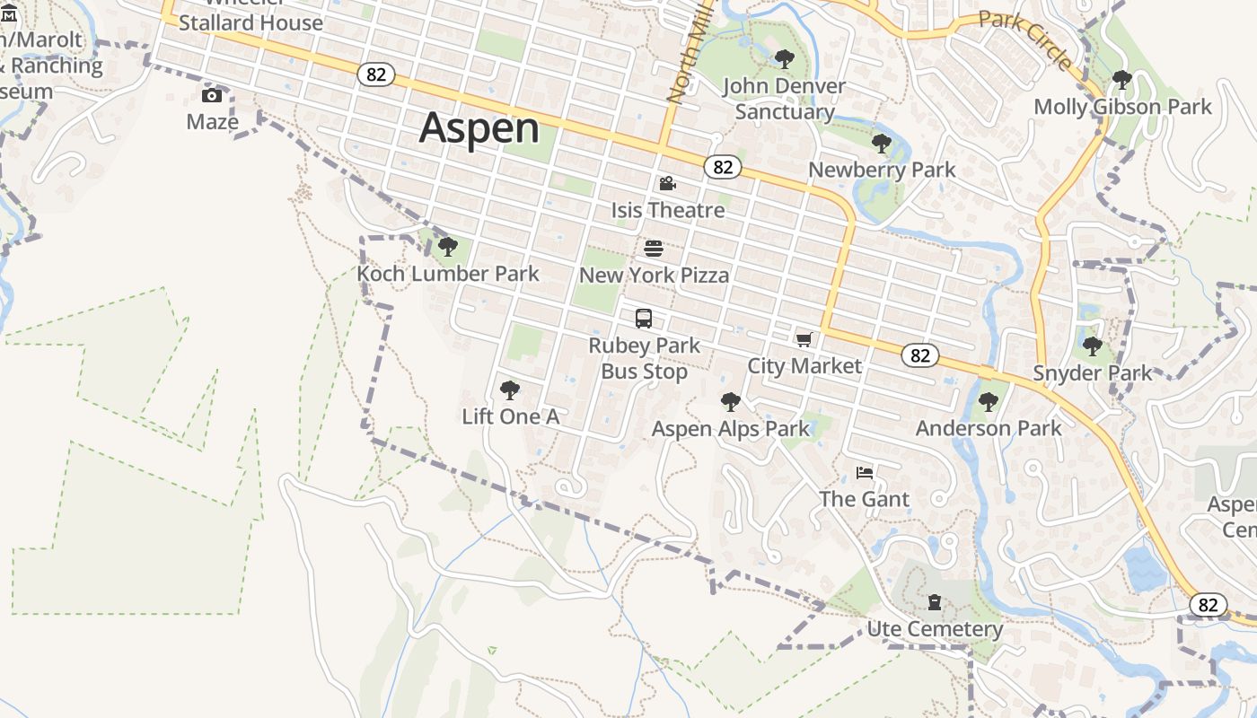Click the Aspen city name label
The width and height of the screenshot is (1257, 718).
pyautogui.click(x=479, y=128)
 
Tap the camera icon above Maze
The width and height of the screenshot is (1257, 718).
pyautogui.click(x=212, y=96)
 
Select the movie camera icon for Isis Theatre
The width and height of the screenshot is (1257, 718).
pyautogui.click(x=667, y=184)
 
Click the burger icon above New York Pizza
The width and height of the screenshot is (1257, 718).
pyautogui.click(x=654, y=249)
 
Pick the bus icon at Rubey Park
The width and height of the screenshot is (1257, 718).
pyautogui.click(x=644, y=319)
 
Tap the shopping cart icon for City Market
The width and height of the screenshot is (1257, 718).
pyautogui.click(x=804, y=339)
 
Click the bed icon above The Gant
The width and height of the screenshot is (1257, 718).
pyautogui.click(x=865, y=473)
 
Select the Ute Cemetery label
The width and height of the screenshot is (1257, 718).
pyautogui.click(x=935, y=629)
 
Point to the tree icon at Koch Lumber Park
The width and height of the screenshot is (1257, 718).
pyautogui.click(x=448, y=247)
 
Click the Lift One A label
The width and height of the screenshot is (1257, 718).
pyautogui.click(x=510, y=416)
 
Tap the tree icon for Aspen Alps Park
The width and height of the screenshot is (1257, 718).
pyautogui.click(x=731, y=401)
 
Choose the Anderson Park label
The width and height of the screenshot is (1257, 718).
pyautogui.click(x=989, y=428)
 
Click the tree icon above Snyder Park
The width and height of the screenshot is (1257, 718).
pyautogui.click(x=1092, y=346)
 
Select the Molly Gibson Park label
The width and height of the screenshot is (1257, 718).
pyautogui.click(x=1122, y=107)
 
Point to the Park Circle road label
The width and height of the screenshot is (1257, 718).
pyautogui.click(x=1025, y=39)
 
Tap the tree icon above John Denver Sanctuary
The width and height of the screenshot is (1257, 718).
pyautogui.click(x=785, y=59)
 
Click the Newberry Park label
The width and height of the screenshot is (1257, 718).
pyautogui.click(x=882, y=170)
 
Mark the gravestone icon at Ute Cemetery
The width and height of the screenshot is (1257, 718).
pyautogui.click(x=935, y=601)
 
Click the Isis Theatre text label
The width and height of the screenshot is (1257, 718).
pyautogui.click(x=668, y=210)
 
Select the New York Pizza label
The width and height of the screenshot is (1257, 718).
pyautogui.click(x=654, y=275)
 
